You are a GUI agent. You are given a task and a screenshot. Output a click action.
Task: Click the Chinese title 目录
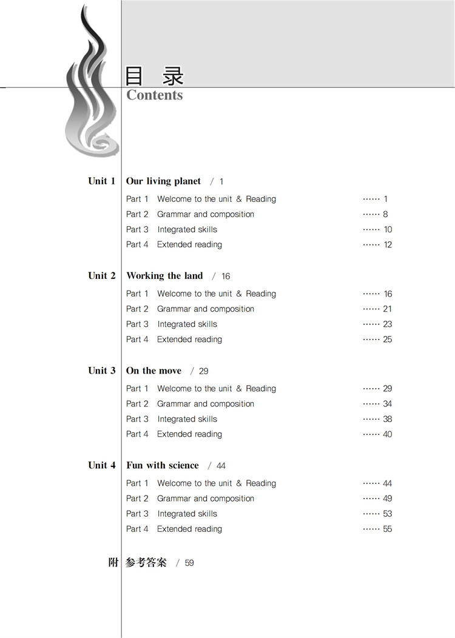(x=154, y=76)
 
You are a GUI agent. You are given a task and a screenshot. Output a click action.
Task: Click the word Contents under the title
(x=155, y=95)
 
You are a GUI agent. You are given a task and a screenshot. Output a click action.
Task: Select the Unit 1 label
(x=101, y=181)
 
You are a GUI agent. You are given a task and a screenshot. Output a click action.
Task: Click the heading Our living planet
(x=163, y=181)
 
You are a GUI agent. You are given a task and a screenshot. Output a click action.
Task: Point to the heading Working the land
(x=164, y=275)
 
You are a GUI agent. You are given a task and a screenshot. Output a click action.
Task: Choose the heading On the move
(x=153, y=371)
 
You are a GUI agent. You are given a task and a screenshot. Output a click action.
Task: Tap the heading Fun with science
(x=162, y=465)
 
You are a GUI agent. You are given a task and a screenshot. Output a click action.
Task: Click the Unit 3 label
(x=101, y=371)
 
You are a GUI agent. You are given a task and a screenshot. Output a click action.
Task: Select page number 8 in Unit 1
(x=386, y=214)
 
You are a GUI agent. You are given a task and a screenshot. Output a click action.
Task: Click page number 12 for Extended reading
(x=388, y=244)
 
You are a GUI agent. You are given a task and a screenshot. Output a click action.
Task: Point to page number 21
(x=388, y=309)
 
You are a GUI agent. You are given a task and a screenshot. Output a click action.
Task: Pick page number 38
(x=388, y=419)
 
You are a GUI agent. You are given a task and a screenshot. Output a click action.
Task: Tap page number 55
(x=388, y=529)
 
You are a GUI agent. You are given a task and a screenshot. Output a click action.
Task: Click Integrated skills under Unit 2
(x=187, y=324)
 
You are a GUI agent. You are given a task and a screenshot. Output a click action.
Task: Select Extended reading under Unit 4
(x=189, y=529)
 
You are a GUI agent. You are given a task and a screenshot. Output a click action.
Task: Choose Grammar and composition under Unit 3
(x=206, y=404)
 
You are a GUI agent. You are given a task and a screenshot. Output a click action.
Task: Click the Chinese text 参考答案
(x=146, y=563)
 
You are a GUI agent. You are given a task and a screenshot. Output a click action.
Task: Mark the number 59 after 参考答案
(x=189, y=563)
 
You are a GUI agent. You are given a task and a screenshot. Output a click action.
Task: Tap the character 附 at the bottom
(x=113, y=563)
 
